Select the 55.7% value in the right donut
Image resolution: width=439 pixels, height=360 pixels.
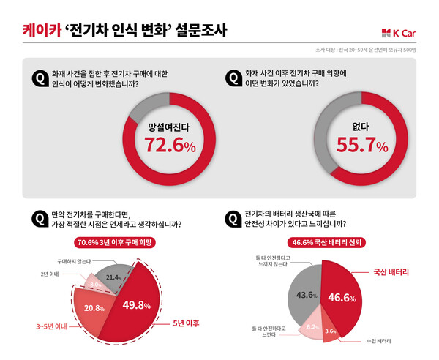[362, 146]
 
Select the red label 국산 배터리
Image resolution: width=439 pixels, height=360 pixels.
[390, 271]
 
